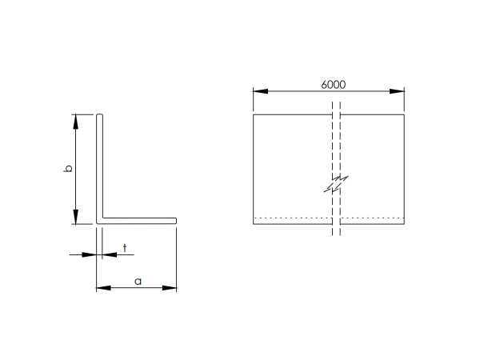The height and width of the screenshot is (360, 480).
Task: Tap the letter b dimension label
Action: point(69,169)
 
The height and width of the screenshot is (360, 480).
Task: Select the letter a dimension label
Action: point(138,281)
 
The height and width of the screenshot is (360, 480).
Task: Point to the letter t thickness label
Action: point(125,248)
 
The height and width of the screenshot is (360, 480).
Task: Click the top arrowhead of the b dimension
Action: point(76,121)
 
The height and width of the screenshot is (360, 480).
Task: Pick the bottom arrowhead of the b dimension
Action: point(76,218)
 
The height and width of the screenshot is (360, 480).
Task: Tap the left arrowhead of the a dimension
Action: point(102,287)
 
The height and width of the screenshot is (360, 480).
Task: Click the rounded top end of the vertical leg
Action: point(100,116)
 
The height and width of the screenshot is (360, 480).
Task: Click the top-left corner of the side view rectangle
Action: point(254,114)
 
